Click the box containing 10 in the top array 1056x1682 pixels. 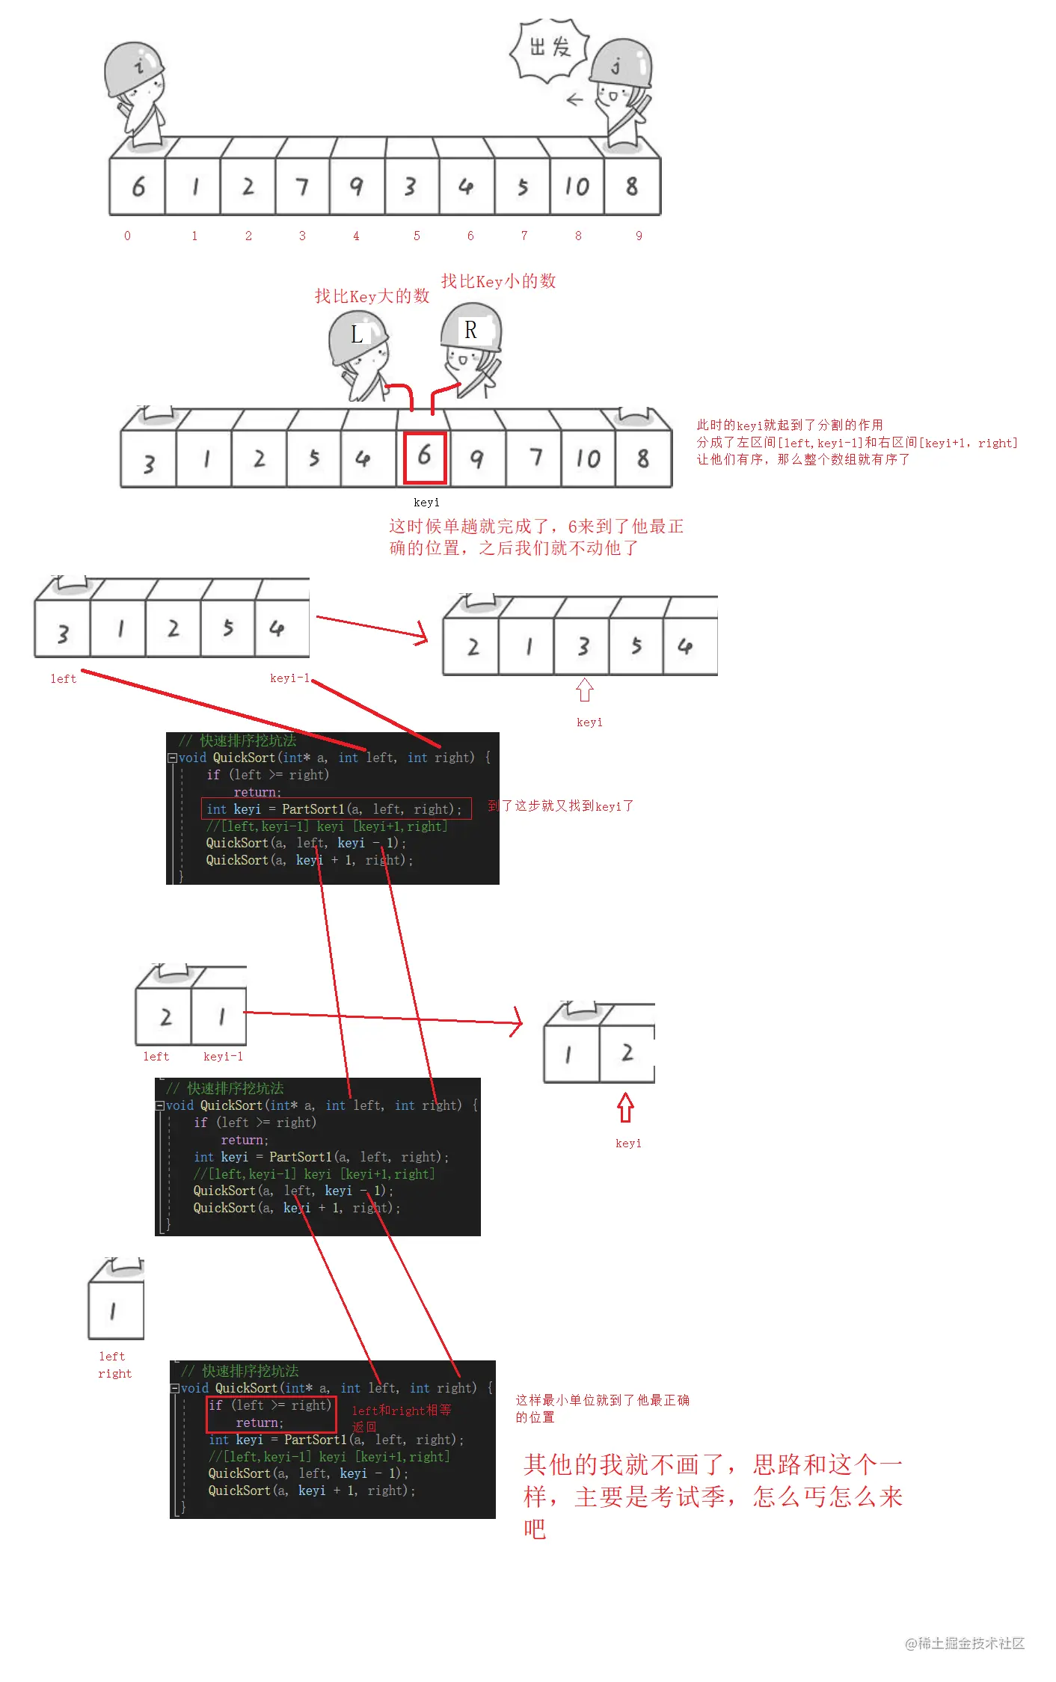pos(577,186)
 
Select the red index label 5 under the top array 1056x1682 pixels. pos(417,236)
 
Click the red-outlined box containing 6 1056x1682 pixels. pos(425,457)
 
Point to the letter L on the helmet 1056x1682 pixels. pos(357,334)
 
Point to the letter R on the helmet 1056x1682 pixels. pos(470,330)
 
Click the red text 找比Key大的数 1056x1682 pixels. pos(372,296)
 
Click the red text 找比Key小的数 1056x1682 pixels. pos(498,281)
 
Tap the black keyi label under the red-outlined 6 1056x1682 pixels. pos(426,503)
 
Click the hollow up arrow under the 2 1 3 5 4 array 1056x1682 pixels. pos(585,690)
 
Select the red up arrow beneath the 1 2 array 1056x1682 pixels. pos(626,1108)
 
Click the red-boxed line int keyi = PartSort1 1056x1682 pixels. pos(335,809)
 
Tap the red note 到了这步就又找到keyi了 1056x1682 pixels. pos(560,806)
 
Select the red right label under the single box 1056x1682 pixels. pos(114,1374)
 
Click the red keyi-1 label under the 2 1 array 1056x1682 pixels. pos(223,1057)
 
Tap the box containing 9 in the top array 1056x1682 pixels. pos(357,186)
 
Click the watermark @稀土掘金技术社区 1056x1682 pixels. pos(964,1643)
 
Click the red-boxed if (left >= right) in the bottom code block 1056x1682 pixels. pos(270,1406)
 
